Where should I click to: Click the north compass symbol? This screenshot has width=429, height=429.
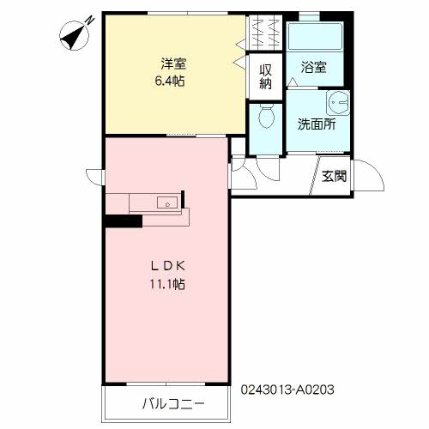click(74, 36)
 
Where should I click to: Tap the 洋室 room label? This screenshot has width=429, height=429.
click(173, 63)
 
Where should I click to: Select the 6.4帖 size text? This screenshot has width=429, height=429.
click(170, 82)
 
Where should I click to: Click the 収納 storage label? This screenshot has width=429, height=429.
click(265, 76)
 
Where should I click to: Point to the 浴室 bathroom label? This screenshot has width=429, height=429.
click(314, 67)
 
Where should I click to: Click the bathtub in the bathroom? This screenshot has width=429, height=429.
click(315, 37)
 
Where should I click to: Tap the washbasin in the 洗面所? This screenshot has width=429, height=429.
click(338, 103)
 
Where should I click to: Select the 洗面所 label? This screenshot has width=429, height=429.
click(317, 124)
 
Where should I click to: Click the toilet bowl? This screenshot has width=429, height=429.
click(267, 116)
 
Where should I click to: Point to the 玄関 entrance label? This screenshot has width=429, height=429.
click(334, 176)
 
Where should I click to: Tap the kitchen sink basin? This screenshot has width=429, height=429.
click(167, 202)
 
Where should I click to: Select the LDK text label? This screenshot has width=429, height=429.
click(168, 266)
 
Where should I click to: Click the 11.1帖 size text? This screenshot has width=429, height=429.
click(167, 284)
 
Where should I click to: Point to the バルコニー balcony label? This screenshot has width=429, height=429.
click(173, 404)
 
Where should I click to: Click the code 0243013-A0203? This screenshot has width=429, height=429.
click(287, 390)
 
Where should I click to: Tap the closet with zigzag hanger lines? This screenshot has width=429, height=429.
click(264, 32)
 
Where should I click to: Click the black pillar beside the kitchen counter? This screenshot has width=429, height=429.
click(124, 221)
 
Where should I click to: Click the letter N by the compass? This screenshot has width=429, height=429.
click(91, 20)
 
